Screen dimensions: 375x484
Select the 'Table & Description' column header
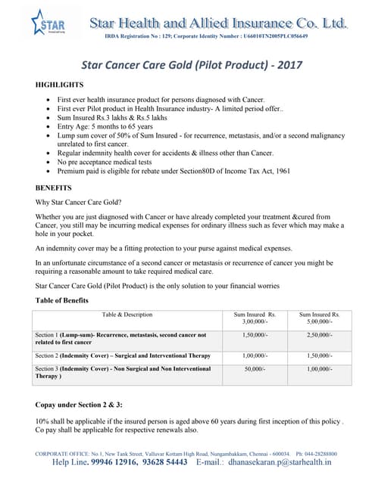127,315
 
